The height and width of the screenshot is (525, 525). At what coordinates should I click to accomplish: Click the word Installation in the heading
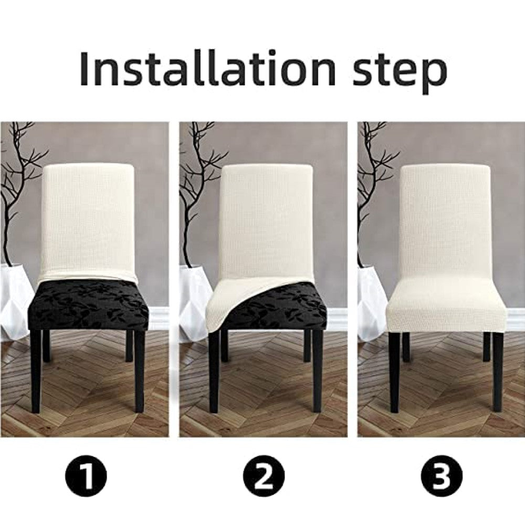[207, 68]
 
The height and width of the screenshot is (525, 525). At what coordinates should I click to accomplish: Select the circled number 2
[264, 477]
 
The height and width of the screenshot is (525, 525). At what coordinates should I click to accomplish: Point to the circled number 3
[442, 477]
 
